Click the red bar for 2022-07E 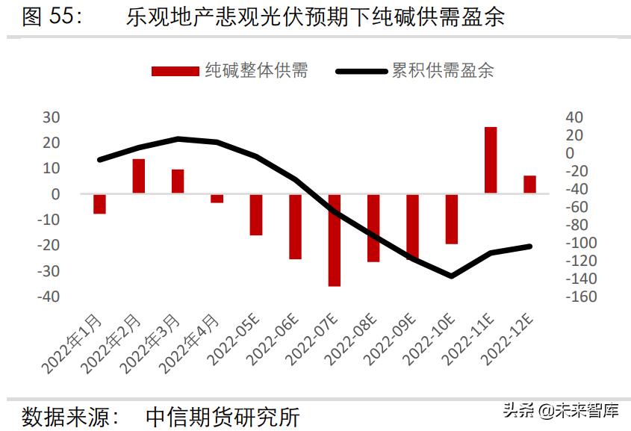click(x=334, y=240)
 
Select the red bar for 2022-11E click(x=491, y=160)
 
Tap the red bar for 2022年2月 click(x=139, y=176)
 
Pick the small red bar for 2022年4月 click(x=217, y=198)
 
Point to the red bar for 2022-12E click(x=529, y=185)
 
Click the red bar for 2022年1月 click(x=99, y=203)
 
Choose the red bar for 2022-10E click(x=451, y=219)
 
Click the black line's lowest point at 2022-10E click(x=451, y=276)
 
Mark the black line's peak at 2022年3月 click(x=178, y=139)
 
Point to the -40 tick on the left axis click(x=49, y=297)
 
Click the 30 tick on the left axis click(x=51, y=117)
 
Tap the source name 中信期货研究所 click(x=222, y=416)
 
